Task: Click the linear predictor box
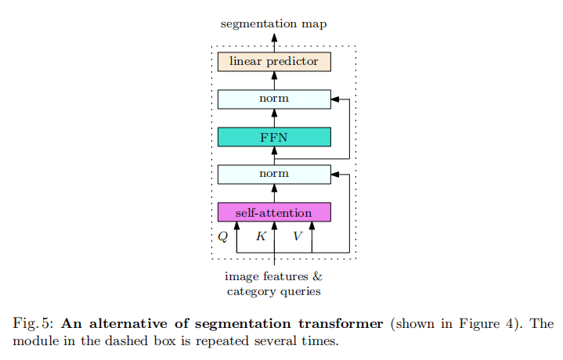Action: point(274,62)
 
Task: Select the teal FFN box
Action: point(274,137)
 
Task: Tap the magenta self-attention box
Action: point(274,212)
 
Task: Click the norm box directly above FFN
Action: point(274,99)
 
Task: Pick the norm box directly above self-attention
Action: point(274,175)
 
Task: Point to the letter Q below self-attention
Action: point(222,236)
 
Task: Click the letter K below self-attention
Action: point(261,236)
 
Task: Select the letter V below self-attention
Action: point(298,236)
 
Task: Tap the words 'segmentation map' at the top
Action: point(273,24)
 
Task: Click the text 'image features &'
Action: point(273,276)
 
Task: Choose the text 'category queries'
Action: point(273,291)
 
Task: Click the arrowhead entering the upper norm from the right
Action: point(335,99)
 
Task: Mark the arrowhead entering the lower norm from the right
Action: point(335,175)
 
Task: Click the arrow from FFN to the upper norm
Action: point(274,117)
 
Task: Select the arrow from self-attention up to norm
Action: point(274,193)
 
